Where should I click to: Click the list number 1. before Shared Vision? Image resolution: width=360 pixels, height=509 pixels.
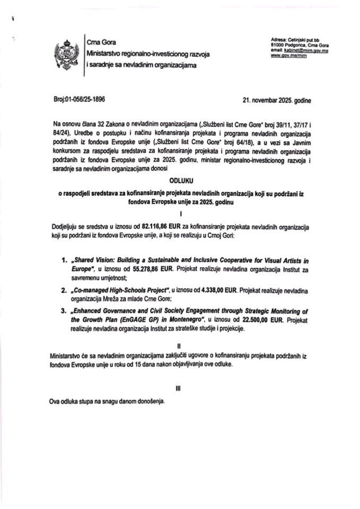(x=65, y=260)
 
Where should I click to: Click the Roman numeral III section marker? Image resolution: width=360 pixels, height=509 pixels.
(x=178, y=388)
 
